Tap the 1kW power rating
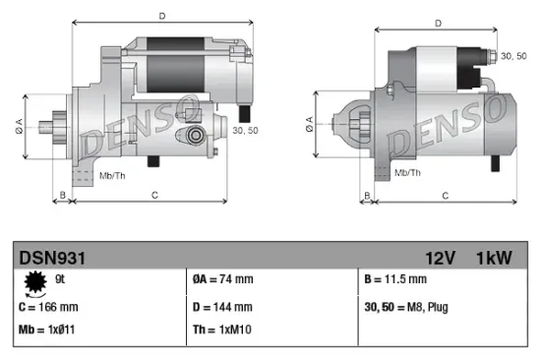(x=495, y=258)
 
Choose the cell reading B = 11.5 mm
(x=396, y=279)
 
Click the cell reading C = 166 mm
(x=50, y=307)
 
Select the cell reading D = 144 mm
(x=224, y=307)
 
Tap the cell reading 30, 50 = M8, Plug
(x=406, y=307)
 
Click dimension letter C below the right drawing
(x=445, y=197)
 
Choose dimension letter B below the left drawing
(x=63, y=197)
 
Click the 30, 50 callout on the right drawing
(x=512, y=56)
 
